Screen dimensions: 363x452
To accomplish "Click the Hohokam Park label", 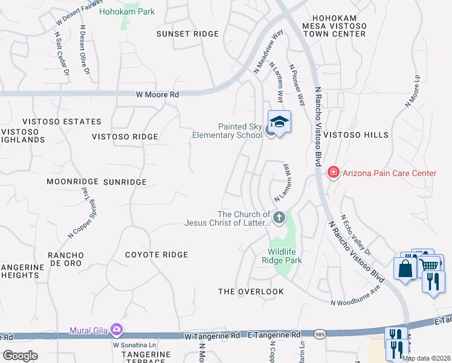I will click(x=127, y=11).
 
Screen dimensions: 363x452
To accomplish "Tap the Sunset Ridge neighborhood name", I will click(x=187, y=34).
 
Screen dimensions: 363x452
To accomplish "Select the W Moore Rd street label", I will click(x=157, y=95).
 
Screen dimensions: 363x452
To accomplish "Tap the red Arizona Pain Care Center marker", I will click(x=332, y=173).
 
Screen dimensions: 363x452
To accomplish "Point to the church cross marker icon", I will click(x=279, y=217).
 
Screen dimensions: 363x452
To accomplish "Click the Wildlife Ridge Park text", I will click(x=285, y=256).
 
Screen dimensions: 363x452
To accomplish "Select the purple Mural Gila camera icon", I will click(x=117, y=330).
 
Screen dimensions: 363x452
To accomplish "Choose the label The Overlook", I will click(x=251, y=292).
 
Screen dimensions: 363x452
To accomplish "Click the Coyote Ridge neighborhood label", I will click(x=157, y=255).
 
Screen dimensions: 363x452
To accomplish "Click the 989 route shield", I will click(x=320, y=334).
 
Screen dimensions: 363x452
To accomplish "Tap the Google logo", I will click(x=19, y=356).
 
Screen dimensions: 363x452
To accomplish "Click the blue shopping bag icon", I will click(x=404, y=267).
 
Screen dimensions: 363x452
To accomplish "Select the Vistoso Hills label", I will click(x=355, y=135).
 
